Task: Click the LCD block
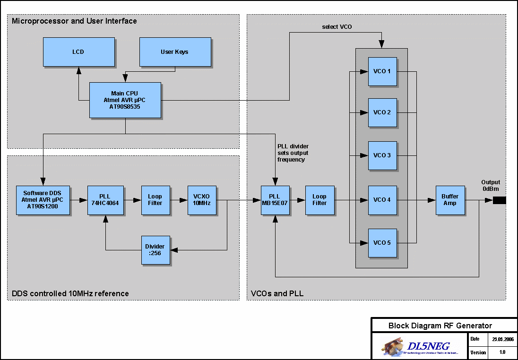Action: coord(78,52)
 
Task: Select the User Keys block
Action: coord(174,52)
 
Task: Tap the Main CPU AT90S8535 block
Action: coord(125,100)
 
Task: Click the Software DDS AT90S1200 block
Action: coord(43,200)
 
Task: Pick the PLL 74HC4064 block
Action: coord(105,200)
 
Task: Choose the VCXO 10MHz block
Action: coord(202,200)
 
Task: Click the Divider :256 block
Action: coord(155,250)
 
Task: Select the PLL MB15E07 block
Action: coord(275,200)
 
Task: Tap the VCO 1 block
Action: coord(382,72)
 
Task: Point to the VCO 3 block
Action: coord(382,155)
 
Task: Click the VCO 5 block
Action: coord(382,243)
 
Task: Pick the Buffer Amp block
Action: coord(449,200)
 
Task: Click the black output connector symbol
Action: coord(499,200)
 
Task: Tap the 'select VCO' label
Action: coord(337,27)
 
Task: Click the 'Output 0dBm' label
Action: coord(491,186)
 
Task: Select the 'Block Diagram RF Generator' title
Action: coord(440,326)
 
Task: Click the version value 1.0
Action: coord(502,352)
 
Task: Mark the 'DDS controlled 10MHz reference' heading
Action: coord(70,293)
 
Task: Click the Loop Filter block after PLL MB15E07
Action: coord(319,200)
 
